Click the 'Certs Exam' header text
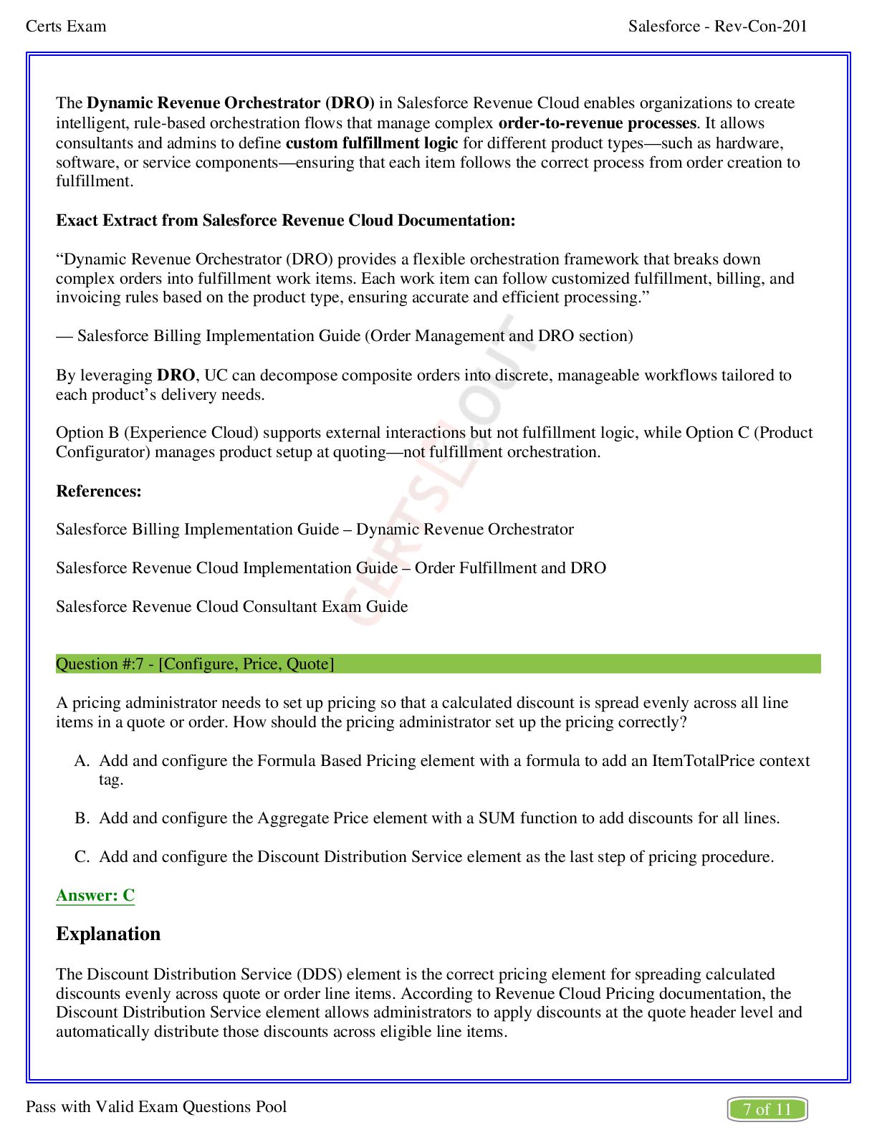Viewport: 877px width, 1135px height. tap(66, 27)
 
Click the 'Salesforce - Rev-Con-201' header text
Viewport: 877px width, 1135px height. tap(717, 27)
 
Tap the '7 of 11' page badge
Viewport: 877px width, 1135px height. tap(767, 1109)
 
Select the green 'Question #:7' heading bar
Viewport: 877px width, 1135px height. tap(438, 664)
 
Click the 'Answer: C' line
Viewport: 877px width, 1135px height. tap(95, 895)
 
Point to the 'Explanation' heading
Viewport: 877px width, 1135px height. tap(108, 934)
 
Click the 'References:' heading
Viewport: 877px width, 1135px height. tap(99, 491)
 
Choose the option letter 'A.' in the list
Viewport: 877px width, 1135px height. tap(82, 761)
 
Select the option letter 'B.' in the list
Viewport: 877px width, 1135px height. tap(82, 818)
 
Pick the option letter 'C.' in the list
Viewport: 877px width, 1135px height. tap(82, 857)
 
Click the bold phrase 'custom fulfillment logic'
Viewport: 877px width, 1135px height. tap(371, 143)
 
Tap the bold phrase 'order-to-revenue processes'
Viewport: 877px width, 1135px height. tap(597, 123)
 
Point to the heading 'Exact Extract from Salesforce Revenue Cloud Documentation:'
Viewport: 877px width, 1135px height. tap(286, 220)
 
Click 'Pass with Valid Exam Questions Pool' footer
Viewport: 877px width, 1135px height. tap(156, 1106)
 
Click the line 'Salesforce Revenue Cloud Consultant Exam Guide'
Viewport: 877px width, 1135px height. tap(231, 606)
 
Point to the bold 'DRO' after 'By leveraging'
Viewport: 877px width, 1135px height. tap(176, 375)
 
